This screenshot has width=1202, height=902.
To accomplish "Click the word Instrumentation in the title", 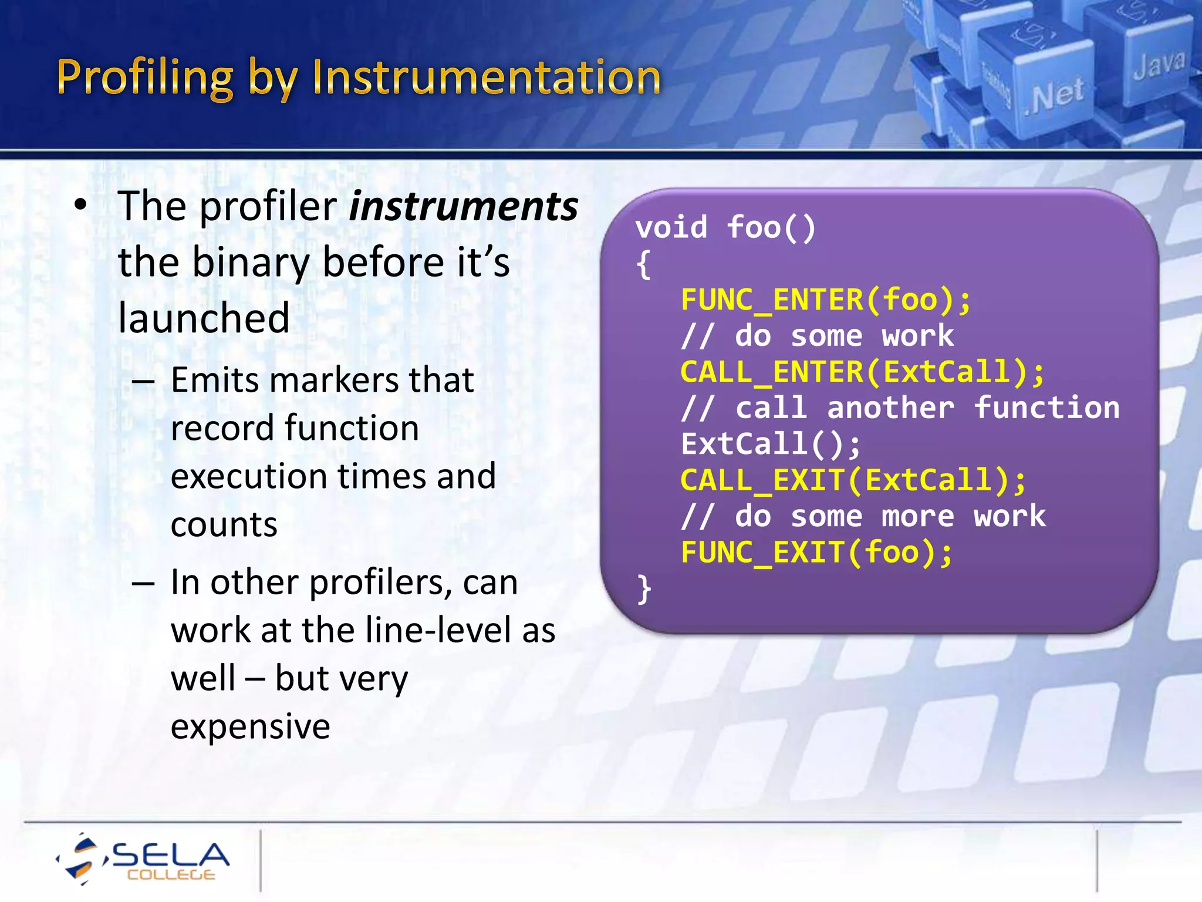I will point(487,78).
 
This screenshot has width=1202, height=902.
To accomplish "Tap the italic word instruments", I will point(463,207).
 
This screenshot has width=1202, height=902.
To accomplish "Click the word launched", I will point(204,318).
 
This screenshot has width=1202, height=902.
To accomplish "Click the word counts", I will point(224,524).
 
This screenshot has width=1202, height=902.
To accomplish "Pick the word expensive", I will point(250,726).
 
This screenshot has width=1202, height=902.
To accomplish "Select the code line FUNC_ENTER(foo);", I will point(825,300).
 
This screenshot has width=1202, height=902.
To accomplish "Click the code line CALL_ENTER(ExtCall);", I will point(862,372).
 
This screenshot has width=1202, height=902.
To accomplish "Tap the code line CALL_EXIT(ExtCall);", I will point(853,480).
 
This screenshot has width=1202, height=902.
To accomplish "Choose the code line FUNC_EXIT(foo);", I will point(816,553).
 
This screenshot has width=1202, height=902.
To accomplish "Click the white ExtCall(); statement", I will point(770,445).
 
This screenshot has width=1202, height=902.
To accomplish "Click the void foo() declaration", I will point(725,228).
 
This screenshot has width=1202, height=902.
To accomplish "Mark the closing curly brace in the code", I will point(644,589).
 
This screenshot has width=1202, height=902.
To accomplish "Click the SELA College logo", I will point(144,859).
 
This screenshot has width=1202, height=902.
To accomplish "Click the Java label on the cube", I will point(1159,63).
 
